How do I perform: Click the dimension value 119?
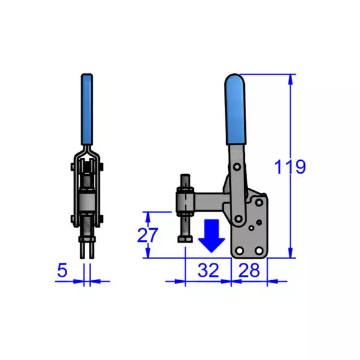(290, 167)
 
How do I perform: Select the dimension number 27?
(147, 235)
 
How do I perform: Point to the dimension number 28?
(248, 271)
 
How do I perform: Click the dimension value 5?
(62, 271)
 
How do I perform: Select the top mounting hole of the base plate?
(259, 202)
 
